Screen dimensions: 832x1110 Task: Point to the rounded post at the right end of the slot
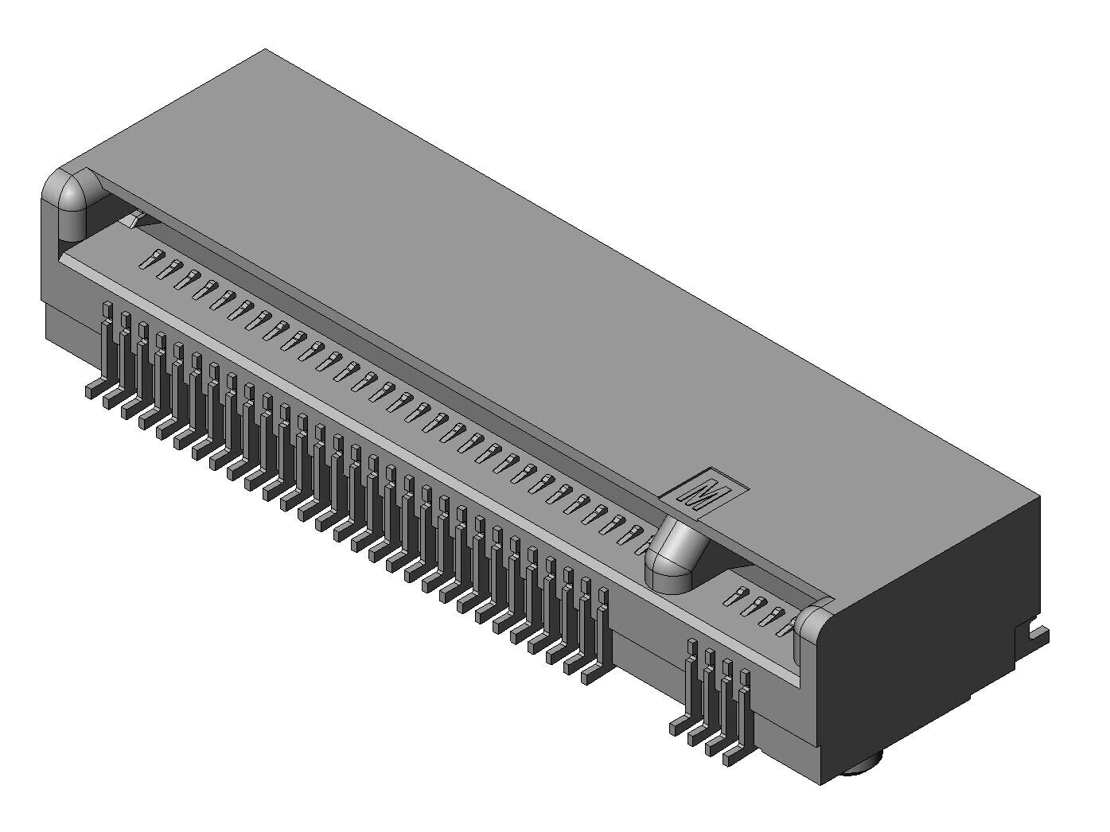(811, 632)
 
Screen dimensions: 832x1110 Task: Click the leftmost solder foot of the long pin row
(94, 390)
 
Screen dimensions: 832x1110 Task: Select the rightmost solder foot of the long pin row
(594, 675)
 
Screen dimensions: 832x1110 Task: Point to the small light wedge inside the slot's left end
(135, 219)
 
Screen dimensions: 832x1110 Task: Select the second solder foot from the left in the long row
(111, 399)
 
